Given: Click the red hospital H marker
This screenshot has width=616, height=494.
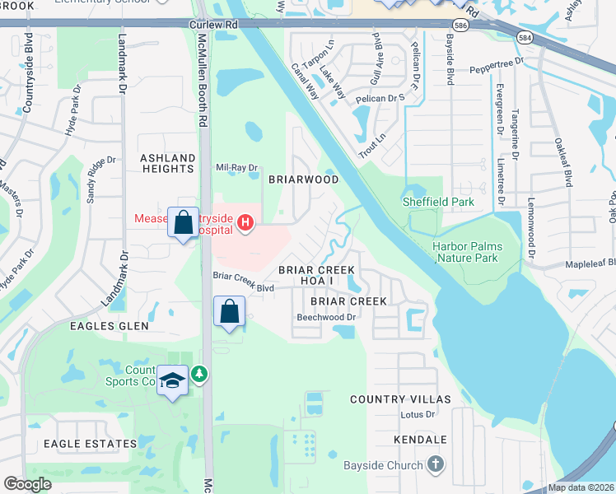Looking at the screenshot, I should [245, 222].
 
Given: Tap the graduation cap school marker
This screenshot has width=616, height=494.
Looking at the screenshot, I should [172, 381].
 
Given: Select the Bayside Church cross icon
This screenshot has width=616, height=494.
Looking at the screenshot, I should [436, 464].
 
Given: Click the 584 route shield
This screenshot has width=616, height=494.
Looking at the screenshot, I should [522, 37].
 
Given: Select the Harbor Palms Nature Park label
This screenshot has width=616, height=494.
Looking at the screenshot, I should [468, 252].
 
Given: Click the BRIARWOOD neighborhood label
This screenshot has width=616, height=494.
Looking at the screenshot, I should [304, 179].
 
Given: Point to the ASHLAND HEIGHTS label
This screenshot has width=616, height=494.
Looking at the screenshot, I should [167, 163].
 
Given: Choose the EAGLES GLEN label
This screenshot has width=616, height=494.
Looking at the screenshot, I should [109, 326].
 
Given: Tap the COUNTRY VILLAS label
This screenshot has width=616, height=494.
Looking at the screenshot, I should [400, 399].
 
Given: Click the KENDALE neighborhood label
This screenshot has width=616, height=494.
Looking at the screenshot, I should [420, 440].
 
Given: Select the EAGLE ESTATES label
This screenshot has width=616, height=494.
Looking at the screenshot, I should [90, 444].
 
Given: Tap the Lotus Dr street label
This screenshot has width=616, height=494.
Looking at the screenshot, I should [417, 415].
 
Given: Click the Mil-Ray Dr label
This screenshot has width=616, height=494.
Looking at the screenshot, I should [236, 167].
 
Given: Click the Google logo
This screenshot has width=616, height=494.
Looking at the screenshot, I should [27, 484].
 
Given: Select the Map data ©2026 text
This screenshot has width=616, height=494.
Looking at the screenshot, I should [581, 487].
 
